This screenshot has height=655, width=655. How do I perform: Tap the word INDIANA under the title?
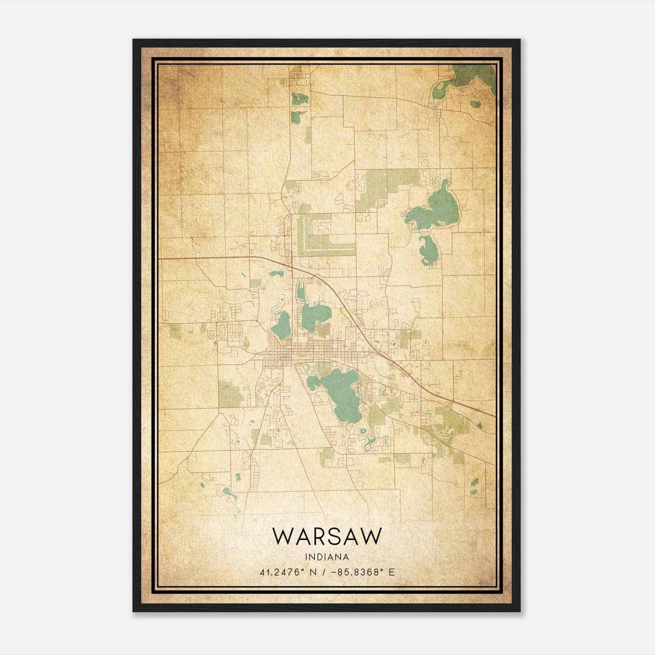(x=327, y=557)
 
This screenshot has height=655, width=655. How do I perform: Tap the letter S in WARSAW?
(x=335, y=536)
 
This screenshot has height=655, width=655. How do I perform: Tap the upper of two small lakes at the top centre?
(x=299, y=99)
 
